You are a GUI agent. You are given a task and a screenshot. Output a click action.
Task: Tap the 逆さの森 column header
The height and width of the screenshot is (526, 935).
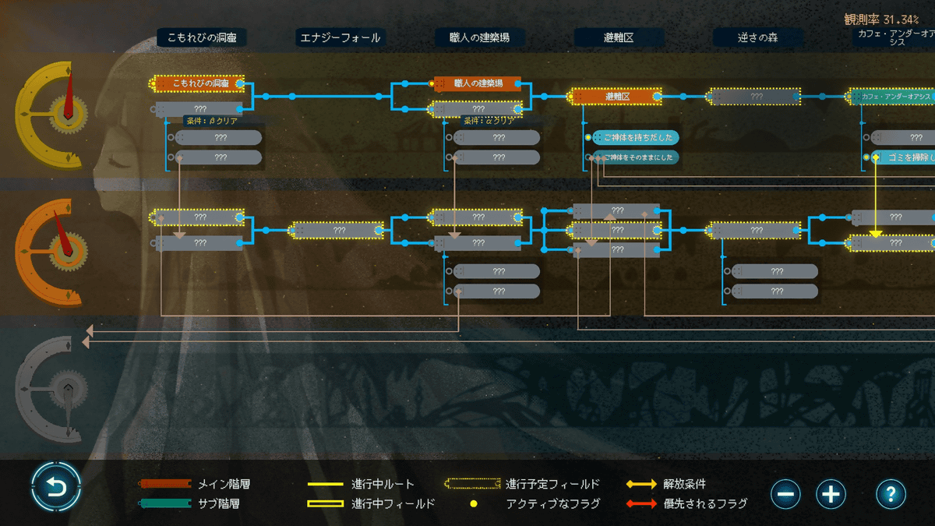(757, 37)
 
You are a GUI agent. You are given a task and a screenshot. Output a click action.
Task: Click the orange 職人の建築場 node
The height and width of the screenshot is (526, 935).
(478, 83)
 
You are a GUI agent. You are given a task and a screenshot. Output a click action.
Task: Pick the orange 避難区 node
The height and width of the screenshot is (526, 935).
(616, 97)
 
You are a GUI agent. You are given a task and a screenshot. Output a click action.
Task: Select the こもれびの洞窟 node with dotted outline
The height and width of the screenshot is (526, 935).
(199, 83)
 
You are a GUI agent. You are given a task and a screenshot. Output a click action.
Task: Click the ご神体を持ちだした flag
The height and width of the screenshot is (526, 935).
(635, 137)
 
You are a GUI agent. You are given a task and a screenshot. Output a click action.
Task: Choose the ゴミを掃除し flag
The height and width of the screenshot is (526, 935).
(904, 157)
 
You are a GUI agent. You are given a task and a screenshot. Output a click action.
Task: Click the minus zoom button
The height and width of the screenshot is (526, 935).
(785, 493)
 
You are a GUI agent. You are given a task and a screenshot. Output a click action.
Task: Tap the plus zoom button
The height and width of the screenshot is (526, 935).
(831, 493)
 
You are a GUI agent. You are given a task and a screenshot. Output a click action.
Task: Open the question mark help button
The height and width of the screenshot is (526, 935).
(891, 493)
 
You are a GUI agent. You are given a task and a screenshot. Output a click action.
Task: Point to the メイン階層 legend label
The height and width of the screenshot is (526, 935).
(224, 485)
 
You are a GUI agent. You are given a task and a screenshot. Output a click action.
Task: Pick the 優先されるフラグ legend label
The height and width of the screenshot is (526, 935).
(705, 503)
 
